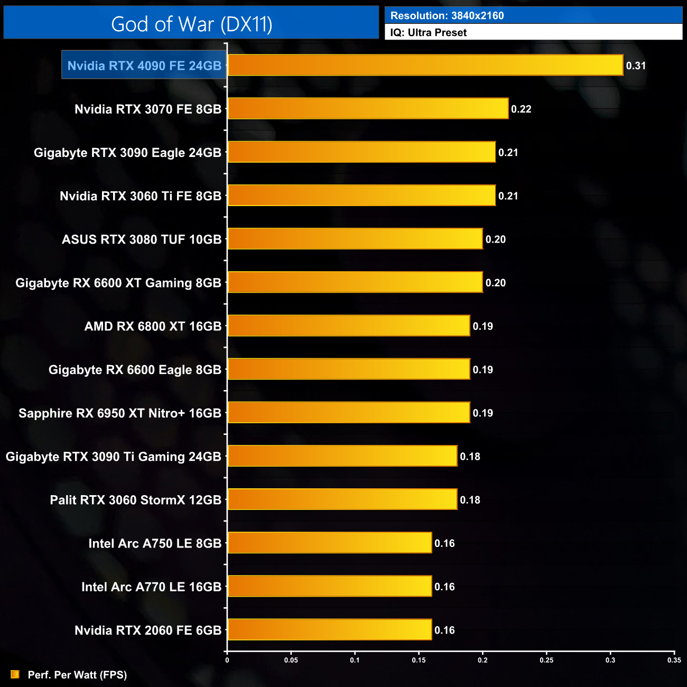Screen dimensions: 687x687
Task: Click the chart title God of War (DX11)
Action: tap(191, 24)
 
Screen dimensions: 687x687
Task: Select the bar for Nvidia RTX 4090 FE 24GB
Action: tap(425, 66)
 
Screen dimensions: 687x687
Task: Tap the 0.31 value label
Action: tap(636, 66)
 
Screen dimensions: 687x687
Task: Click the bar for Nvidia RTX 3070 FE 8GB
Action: tap(368, 109)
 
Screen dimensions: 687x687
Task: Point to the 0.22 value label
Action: tap(521, 109)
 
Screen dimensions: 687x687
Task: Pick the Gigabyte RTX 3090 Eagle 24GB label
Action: tap(127, 153)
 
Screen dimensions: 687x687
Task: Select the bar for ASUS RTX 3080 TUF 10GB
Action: tap(355, 239)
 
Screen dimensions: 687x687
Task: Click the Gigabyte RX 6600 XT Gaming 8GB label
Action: tap(118, 283)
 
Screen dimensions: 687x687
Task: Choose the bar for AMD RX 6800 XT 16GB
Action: tap(348, 326)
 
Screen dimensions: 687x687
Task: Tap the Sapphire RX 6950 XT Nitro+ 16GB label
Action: tap(120, 413)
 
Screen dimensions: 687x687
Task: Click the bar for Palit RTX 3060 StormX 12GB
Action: tap(342, 500)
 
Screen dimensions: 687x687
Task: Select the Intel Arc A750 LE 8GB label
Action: tap(155, 543)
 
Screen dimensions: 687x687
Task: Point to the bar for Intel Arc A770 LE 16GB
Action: tap(329, 587)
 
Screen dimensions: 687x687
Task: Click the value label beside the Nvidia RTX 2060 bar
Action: tap(444, 630)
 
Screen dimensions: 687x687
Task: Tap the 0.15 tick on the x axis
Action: tap(419, 660)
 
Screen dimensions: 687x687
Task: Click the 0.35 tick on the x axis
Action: tap(674, 660)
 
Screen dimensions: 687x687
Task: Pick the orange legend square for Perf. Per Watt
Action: tap(15, 674)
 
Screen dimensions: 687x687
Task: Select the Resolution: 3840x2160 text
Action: tap(447, 15)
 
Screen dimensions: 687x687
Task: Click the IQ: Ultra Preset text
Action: tap(429, 32)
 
